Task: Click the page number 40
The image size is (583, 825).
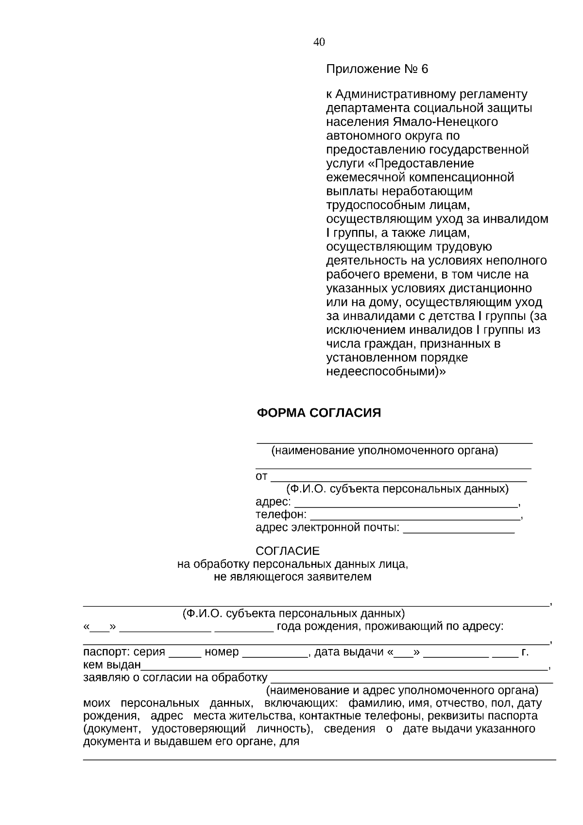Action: [x=319, y=42]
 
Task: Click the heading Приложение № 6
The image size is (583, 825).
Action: [x=377, y=69]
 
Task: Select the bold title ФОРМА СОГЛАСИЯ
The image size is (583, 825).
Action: [x=319, y=413]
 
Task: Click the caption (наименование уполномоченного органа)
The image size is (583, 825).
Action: [x=385, y=451]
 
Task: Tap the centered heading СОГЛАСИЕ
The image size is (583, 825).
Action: [x=288, y=551]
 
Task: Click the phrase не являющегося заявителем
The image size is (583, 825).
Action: [x=292, y=577]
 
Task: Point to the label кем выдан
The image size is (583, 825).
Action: [x=112, y=665]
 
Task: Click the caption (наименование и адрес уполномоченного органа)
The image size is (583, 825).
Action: [x=402, y=690]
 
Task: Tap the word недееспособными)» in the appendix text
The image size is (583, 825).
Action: [x=386, y=372]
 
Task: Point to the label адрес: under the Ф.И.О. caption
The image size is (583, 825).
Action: [x=273, y=501]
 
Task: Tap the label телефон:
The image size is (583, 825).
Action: [x=281, y=514]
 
